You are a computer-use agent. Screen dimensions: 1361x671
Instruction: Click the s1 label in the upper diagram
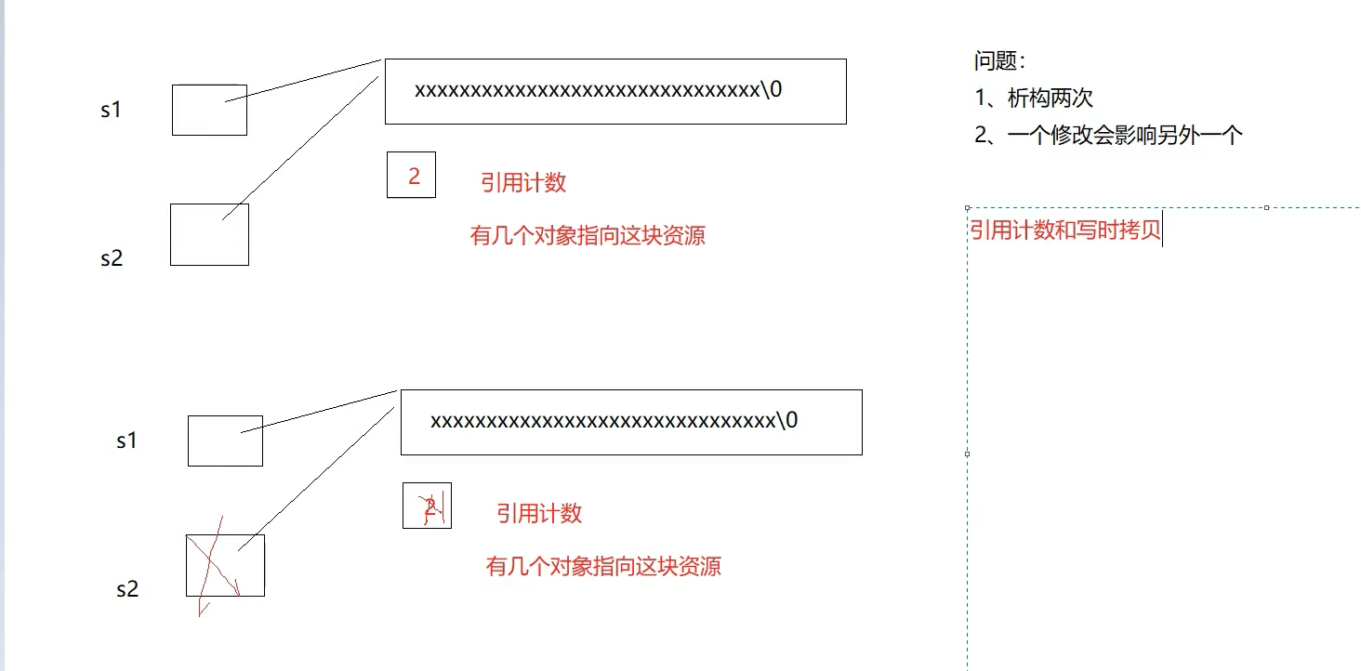[x=111, y=110]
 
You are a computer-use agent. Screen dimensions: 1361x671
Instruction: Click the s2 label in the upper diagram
[x=112, y=258]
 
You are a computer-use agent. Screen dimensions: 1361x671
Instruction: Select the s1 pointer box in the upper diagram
[x=209, y=110]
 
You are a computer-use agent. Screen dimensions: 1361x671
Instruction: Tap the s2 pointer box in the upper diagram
[x=209, y=234]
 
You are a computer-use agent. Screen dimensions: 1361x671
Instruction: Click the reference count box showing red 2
[x=411, y=175]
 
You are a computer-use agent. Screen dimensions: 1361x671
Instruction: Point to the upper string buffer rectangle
[x=615, y=91]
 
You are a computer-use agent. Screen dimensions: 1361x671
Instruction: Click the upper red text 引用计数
[x=523, y=182]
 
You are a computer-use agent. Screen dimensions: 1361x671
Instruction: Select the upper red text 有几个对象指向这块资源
[x=588, y=235]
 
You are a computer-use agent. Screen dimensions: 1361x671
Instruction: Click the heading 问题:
[x=999, y=62]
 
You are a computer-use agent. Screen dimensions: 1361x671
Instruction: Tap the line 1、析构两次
[x=1034, y=98]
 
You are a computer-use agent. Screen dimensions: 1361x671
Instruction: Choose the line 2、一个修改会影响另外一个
[x=1108, y=135]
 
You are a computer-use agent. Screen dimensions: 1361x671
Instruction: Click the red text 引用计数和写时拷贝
[x=1065, y=230]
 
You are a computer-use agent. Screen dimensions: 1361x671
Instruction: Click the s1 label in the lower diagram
[x=126, y=441]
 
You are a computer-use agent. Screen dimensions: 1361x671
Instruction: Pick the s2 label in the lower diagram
[x=127, y=589]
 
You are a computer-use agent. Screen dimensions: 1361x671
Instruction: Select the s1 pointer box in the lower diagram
[x=225, y=441]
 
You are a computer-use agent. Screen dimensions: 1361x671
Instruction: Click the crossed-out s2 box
[x=225, y=565]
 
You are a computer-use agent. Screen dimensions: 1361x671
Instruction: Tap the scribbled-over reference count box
[x=427, y=506]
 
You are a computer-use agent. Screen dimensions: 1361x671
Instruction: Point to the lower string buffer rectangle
[x=631, y=422]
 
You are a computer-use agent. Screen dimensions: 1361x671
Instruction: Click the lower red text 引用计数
[x=539, y=513]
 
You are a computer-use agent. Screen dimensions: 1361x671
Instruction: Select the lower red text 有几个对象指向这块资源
[x=603, y=566]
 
